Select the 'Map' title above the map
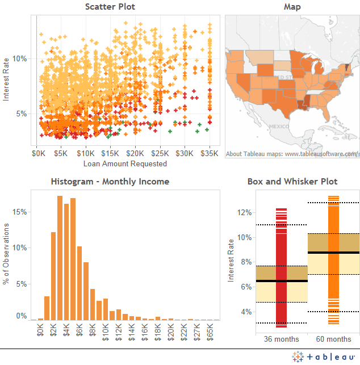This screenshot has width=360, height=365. (x=292, y=7)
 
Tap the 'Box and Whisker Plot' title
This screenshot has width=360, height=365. (x=292, y=182)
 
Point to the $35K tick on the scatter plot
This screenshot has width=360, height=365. (x=210, y=153)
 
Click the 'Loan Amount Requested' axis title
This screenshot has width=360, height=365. (x=125, y=163)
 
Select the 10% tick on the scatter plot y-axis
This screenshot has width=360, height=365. (x=20, y=58)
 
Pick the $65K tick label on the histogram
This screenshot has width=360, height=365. (x=211, y=330)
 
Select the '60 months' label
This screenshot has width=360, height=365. (x=333, y=339)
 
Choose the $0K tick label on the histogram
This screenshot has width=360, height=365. (x=40, y=329)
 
